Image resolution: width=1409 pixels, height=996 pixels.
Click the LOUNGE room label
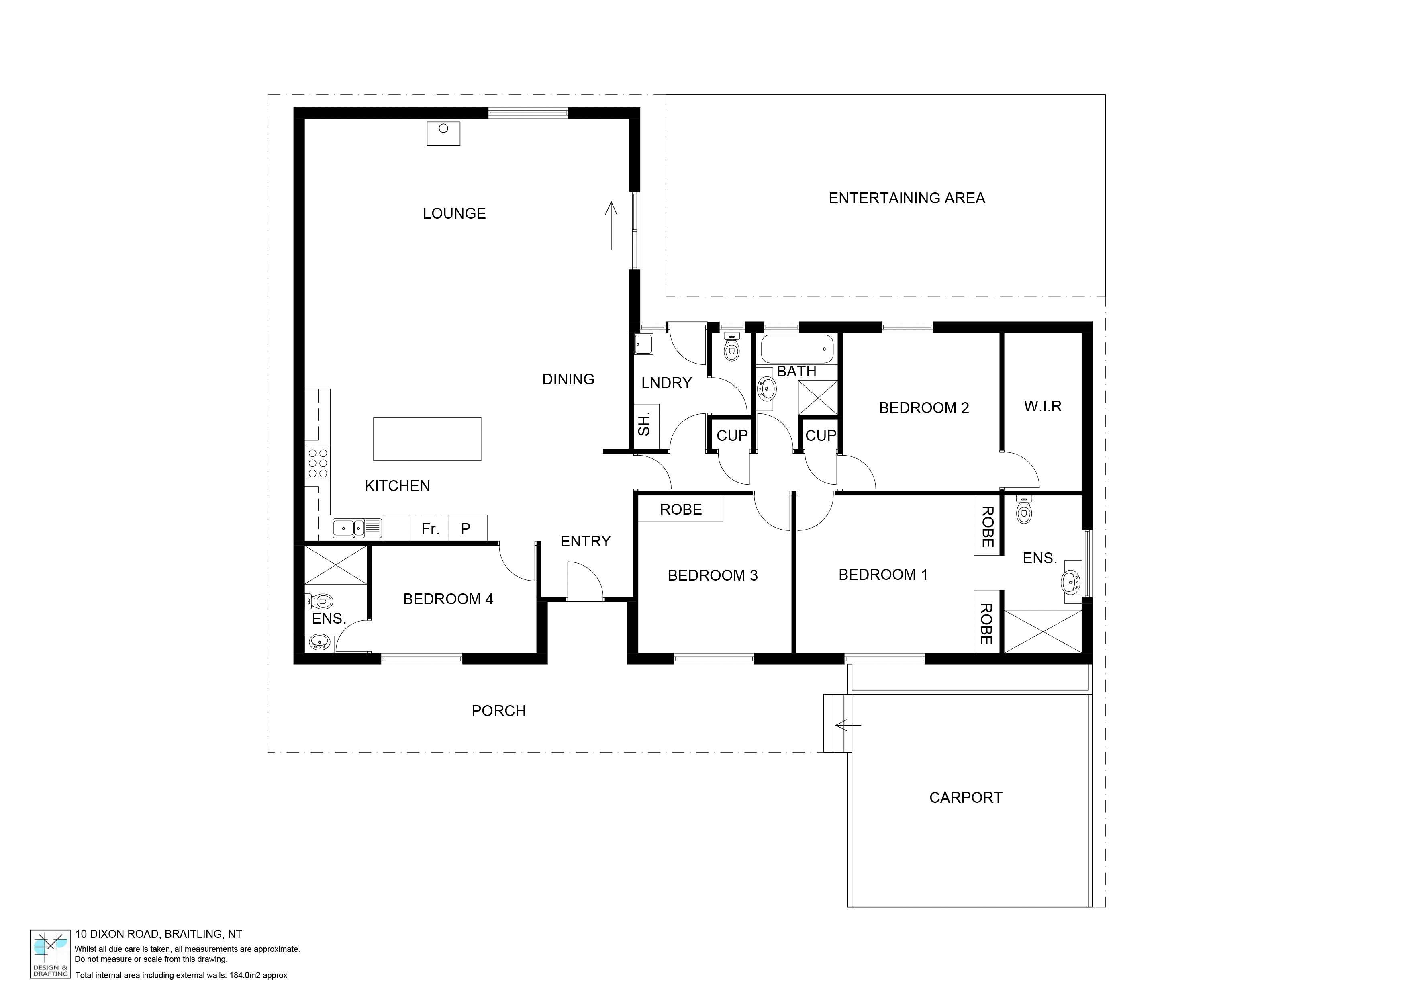tap(454, 214)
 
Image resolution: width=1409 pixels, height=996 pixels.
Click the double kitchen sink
tap(357, 528)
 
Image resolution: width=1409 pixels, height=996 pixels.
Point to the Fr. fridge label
tap(430, 529)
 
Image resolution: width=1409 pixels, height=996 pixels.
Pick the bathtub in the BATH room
tap(797, 349)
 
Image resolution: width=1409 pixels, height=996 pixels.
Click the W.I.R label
tap(1043, 406)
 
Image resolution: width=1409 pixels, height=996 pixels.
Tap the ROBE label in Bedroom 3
tap(680, 509)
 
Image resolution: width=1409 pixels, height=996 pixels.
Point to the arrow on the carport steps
tap(848, 725)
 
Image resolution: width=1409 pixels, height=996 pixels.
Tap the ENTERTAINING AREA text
tap(907, 198)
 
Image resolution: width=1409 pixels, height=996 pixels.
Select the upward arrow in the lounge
tap(611, 226)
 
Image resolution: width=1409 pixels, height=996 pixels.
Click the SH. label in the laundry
tap(644, 425)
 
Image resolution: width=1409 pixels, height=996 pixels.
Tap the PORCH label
tap(498, 711)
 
